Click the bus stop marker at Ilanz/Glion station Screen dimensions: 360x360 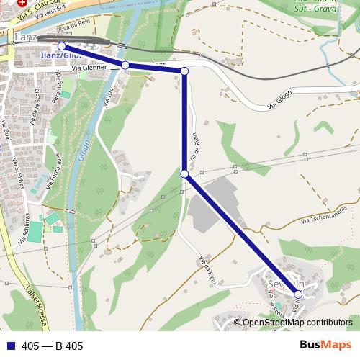pos(61,46)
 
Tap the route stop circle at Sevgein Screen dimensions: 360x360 pos(298,294)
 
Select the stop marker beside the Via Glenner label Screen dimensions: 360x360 pos(125,66)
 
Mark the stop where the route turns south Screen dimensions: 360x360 pos(184,71)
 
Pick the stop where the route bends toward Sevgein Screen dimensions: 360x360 pos(184,174)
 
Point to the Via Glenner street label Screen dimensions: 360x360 pos(89,68)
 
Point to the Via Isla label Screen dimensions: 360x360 pos(107,94)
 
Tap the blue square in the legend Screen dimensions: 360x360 pos(9,346)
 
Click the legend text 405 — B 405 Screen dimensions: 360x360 pos(53,346)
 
